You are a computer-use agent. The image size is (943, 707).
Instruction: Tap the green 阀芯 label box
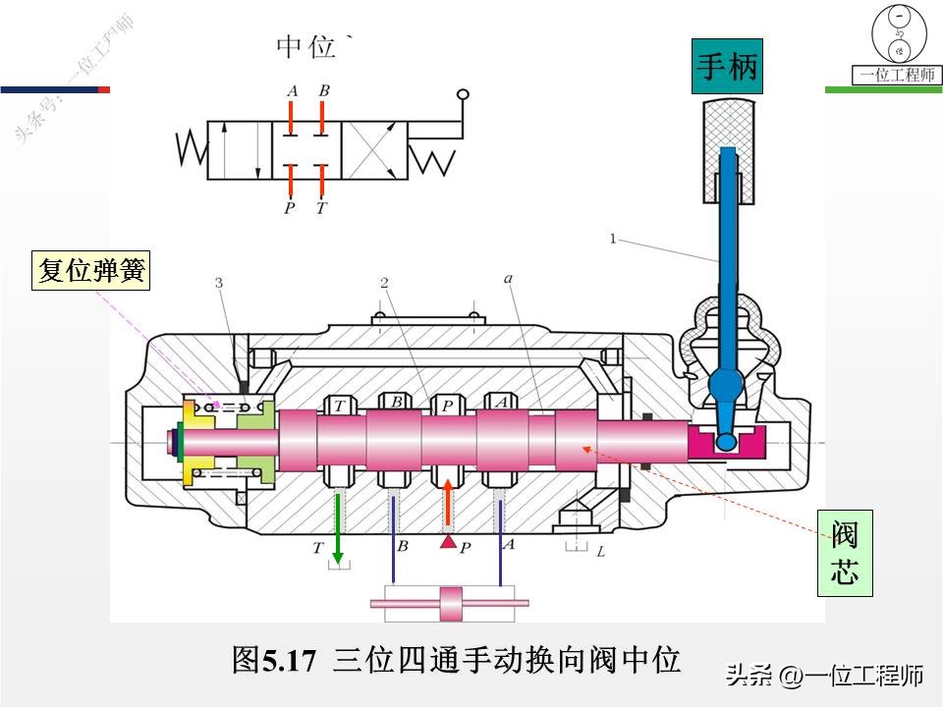[845, 555]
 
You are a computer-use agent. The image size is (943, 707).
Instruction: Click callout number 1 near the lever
[613, 238]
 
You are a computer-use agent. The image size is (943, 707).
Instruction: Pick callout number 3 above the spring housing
[218, 283]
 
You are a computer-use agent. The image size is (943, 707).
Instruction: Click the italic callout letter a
[509, 279]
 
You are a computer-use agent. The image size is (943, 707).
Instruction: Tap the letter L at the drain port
[600, 552]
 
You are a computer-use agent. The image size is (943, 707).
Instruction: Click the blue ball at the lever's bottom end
[726, 442]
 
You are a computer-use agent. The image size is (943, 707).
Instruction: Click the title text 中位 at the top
[306, 46]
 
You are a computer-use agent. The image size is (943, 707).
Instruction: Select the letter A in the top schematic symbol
[292, 91]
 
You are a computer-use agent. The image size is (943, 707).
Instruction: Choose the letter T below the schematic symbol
[321, 208]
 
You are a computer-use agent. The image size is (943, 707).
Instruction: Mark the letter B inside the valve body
[396, 403]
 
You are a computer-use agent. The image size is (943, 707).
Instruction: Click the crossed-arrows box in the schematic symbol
[374, 150]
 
